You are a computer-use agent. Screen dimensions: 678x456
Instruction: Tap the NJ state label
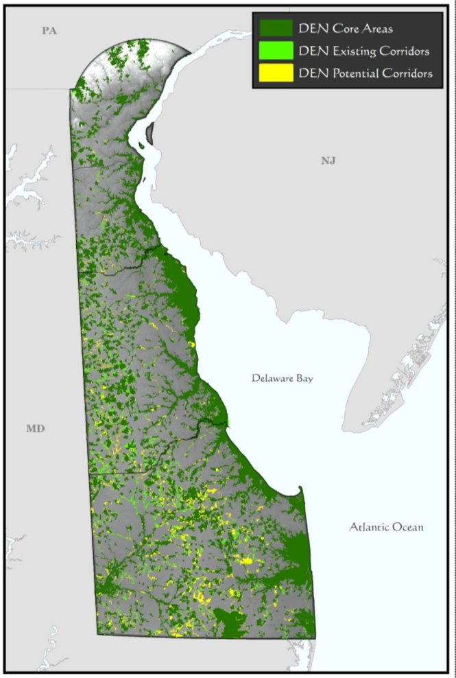(329, 161)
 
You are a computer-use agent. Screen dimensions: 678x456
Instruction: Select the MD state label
(35, 429)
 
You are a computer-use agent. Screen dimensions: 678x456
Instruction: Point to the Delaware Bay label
(281, 378)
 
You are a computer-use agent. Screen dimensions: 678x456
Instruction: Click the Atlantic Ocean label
(386, 527)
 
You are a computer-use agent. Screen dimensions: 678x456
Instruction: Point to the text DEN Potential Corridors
(365, 73)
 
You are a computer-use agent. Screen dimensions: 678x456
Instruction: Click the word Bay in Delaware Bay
(302, 378)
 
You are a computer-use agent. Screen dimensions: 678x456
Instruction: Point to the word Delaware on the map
(271, 378)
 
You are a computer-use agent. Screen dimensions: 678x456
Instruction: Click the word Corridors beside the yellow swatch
(407, 73)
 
